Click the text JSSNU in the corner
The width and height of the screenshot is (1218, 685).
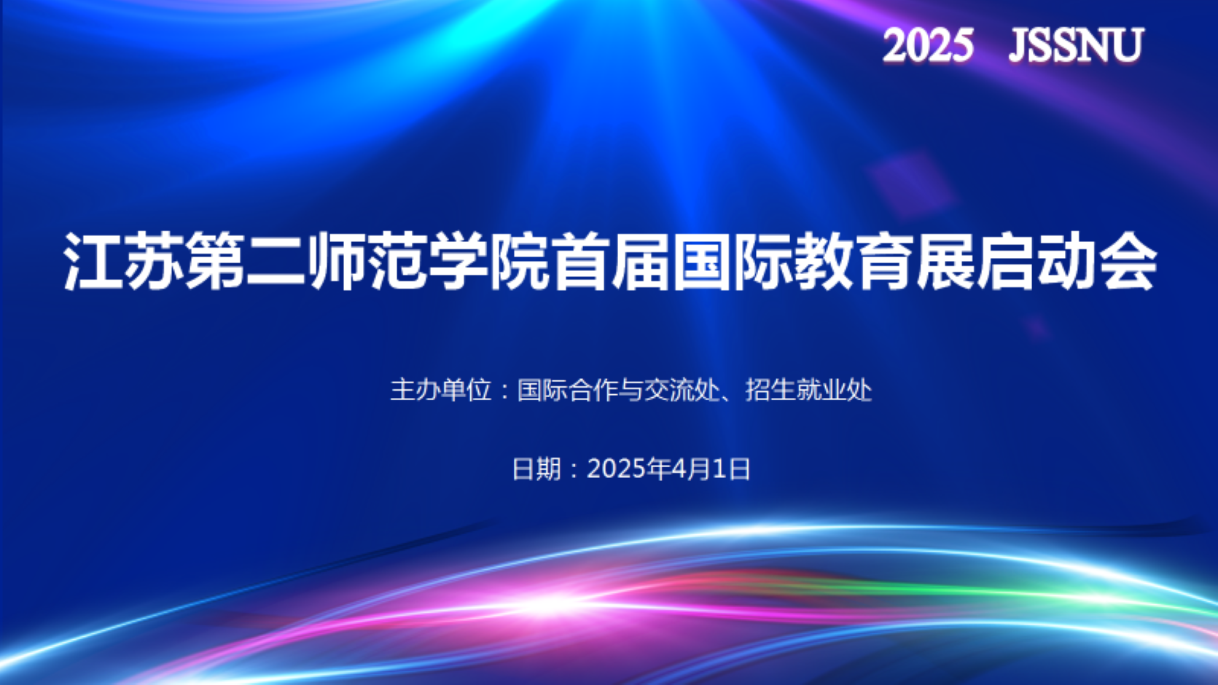click(x=1076, y=45)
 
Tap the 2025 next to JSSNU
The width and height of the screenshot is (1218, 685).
click(x=928, y=45)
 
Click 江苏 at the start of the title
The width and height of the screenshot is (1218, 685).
click(x=123, y=260)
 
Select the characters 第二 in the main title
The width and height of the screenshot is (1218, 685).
click(x=245, y=260)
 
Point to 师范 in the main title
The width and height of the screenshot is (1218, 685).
click(x=367, y=260)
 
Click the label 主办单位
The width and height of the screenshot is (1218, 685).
click(x=441, y=390)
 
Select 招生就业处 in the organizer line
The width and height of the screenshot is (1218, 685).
click(x=808, y=390)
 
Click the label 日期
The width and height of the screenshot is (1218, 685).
click(x=536, y=469)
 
